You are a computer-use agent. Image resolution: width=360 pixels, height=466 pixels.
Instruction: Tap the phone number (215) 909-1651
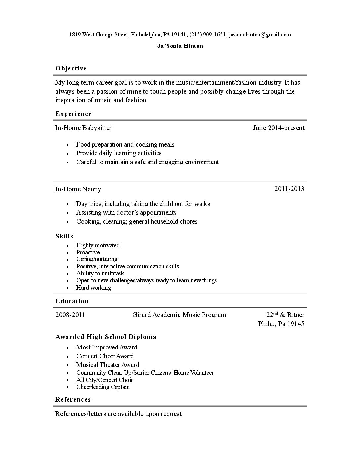208,34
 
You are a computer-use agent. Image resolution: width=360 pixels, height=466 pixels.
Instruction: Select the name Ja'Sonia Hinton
180,46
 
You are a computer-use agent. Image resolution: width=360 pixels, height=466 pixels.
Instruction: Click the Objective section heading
71,69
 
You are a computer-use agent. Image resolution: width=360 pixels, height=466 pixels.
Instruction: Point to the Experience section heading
73,114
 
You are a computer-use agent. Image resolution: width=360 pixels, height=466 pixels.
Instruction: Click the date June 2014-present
279,128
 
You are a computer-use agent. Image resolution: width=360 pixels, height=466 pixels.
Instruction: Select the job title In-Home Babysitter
83,128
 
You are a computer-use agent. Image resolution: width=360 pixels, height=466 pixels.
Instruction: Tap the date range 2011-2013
289,189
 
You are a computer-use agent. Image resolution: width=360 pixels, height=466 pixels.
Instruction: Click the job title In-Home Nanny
78,189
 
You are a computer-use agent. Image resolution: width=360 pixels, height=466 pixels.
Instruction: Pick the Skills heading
64,236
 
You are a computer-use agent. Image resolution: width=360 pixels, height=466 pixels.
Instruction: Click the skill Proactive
88,252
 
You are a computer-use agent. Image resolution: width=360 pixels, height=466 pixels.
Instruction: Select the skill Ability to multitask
100,273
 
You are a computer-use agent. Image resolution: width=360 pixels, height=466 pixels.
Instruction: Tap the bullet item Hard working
94,288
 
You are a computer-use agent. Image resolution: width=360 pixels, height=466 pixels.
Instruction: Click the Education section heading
72,301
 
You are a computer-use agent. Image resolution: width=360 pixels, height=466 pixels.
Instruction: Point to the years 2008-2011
70,315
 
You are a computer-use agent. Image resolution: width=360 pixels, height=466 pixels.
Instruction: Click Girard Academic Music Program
179,315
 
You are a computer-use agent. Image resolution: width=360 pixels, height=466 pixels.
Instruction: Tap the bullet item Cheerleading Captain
103,387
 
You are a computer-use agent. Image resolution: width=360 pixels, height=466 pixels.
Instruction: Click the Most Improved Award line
107,347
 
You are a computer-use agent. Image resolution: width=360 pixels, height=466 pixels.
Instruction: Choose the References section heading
73,399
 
